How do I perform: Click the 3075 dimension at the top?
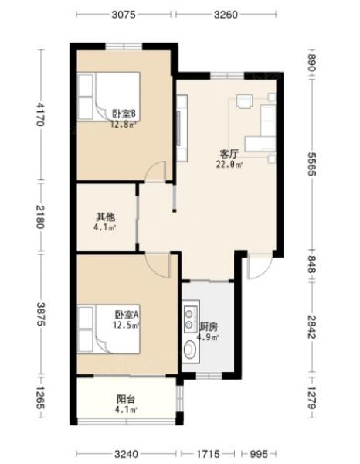pyautogui.click(x=124, y=15)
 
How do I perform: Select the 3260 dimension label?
pyautogui.click(x=226, y=15)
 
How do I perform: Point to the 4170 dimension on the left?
pyautogui.click(x=40, y=114)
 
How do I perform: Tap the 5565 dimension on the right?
pyautogui.click(x=312, y=164)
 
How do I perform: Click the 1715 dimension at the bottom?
pyautogui.click(x=208, y=454)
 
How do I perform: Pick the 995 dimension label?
pyautogui.click(x=259, y=454)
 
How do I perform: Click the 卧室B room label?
pyautogui.click(x=124, y=114)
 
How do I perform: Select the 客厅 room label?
pyautogui.click(x=229, y=154)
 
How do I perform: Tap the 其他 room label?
pyautogui.click(x=106, y=217)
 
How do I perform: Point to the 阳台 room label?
pyautogui.click(x=126, y=399)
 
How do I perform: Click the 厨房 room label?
pyautogui.click(x=209, y=327)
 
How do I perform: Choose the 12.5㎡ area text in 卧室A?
pyautogui.click(x=126, y=326)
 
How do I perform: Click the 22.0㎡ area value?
pyautogui.click(x=229, y=165)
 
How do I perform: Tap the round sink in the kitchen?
pyautogui.click(x=190, y=350)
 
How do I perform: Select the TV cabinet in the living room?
pyautogui.click(x=182, y=128)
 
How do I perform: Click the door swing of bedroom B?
pyautogui.click(x=155, y=171)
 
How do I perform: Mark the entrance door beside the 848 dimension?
pyautogui.click(x=260, y=266)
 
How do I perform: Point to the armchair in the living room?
pyautogui.click(x=244, y=102)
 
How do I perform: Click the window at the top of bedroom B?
pyautogui.click(x=124, y=46)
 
